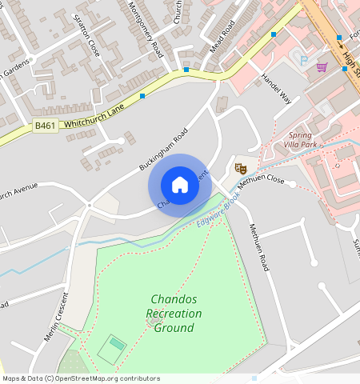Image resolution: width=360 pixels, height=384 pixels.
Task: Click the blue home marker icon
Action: (180, 186)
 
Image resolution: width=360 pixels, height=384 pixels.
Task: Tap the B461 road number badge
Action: (46, 126)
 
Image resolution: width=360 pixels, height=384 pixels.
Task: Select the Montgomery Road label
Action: (146, 28)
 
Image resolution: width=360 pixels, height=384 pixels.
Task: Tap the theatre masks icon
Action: (238, 168)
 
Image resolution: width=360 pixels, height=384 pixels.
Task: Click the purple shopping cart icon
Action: (322, 66)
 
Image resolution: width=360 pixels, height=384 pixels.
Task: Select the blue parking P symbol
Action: (303, 60)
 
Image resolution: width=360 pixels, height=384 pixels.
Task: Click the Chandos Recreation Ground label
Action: (176, 314)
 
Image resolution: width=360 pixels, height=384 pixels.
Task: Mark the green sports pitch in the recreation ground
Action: (112, 348)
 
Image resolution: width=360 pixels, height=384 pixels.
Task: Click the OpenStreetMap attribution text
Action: (81, 378)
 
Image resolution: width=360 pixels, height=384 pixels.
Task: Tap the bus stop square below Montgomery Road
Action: (186, 70)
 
